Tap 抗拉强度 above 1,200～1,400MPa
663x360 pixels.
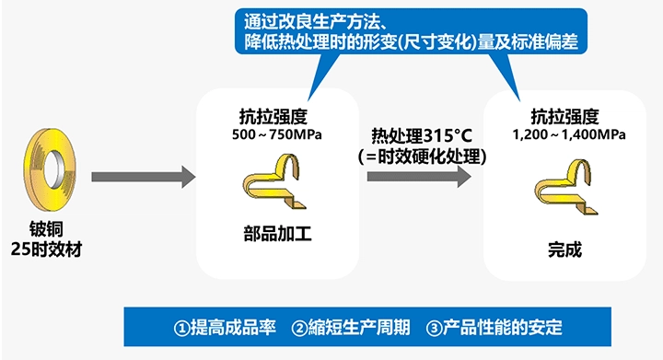click(x=564, y=117)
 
